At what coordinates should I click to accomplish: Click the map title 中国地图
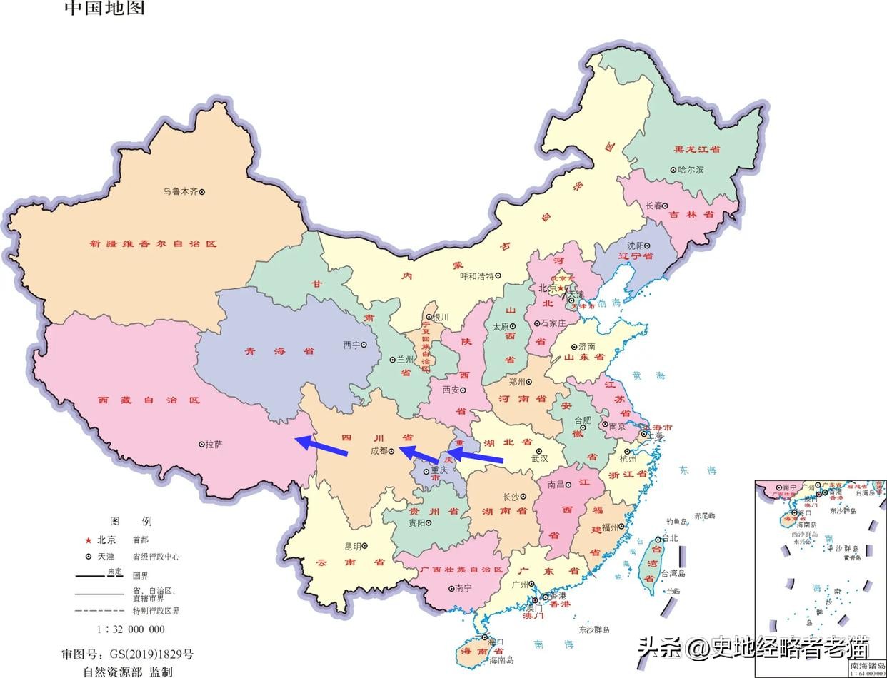[105, 9]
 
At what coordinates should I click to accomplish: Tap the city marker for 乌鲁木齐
[202, 191]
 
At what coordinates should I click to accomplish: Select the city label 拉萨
[214, 444]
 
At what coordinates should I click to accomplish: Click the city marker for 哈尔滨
[673, 170]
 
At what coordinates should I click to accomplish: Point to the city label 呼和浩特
[476, 275]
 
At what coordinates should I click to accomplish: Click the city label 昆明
[353, 546]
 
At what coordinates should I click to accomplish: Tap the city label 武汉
[539, 459]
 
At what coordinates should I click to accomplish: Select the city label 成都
[379, 450]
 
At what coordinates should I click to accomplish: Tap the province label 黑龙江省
[697, 149]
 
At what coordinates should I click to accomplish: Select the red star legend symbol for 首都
[89, 540]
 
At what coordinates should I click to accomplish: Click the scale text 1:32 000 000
[131, 629]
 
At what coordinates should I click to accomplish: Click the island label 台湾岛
[673, 573]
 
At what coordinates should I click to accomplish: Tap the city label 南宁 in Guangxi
[463, 588]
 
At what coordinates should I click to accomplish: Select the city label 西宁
[351, 345]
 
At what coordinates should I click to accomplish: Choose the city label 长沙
[511, 497]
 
